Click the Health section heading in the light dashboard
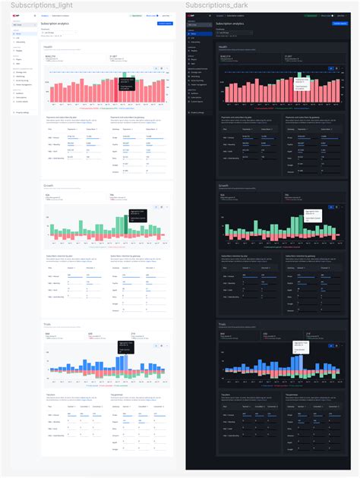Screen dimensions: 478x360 point(48,46)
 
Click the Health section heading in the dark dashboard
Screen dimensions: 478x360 point(223,46)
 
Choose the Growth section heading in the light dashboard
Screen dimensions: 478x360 point(49,185)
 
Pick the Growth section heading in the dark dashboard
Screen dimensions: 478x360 point(224,185)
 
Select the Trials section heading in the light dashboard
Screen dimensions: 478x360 point(48,323)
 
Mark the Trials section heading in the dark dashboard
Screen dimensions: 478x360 point(223,323)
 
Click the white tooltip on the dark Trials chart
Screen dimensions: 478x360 point(303,344)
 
